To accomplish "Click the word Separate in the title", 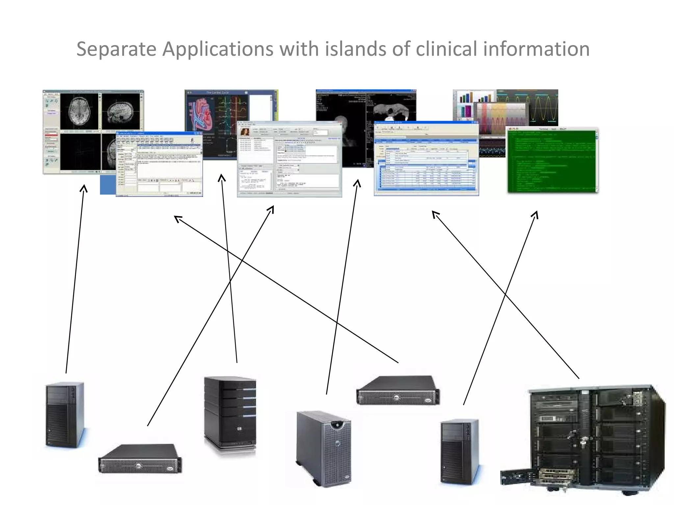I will (x=116, y=49).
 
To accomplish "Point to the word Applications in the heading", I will (x=218, y=49).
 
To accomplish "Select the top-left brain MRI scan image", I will (x=79, y=111).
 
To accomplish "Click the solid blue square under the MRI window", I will (x=108, y=185).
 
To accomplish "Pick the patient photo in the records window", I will (x=245, y=132).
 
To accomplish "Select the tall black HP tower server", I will (x=230, y=414).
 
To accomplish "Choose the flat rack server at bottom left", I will (x=140, y=459).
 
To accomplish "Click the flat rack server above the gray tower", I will (x=398, y=391).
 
